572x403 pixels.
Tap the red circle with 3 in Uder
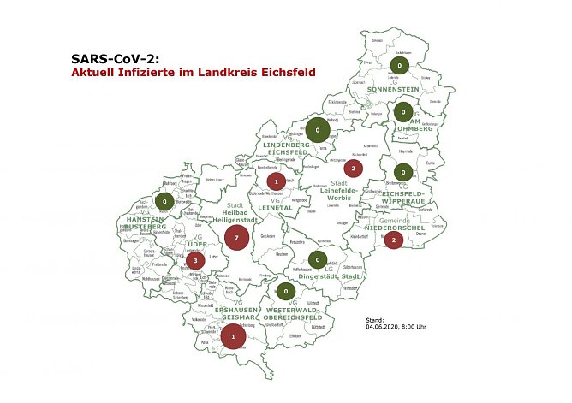coord(195,260)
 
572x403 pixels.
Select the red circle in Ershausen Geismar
coord(231,338)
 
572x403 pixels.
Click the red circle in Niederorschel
coord(393,240)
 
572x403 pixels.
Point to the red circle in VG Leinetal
coord(276,181)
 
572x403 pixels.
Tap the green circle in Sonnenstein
coord(399,66)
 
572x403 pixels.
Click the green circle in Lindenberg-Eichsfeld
coord(318,132)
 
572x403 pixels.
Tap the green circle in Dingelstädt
coord(317,260)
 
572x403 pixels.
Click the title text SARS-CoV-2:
coord(116,59)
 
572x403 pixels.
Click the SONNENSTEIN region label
coord(396,89)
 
